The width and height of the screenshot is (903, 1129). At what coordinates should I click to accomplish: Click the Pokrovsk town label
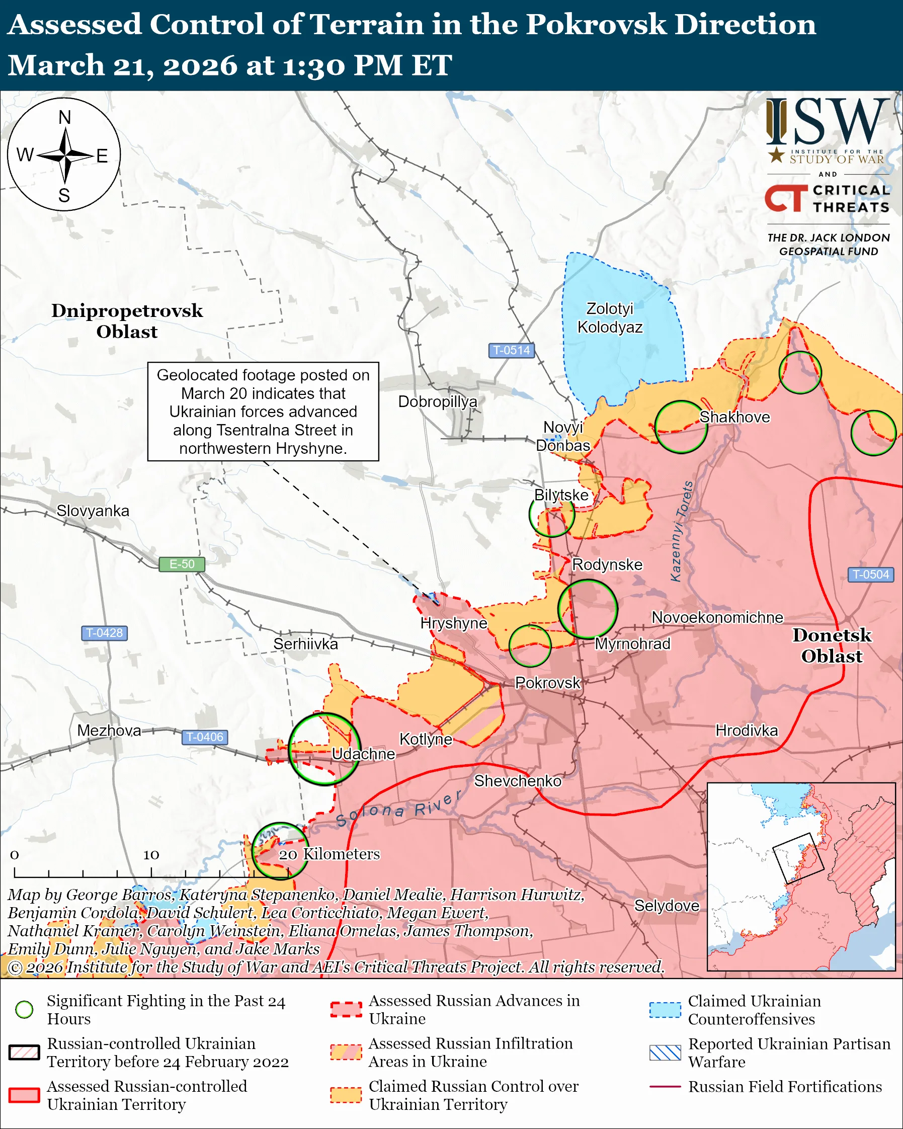click(547, 683)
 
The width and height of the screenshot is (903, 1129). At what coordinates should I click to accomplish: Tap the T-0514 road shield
click(512, 350)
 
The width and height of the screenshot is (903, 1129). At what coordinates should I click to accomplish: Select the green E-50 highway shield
click(182, 564)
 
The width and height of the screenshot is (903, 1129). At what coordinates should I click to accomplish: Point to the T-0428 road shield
click(104, 632)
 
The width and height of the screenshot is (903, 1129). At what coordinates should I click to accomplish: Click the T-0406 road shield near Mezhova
click(205, 737)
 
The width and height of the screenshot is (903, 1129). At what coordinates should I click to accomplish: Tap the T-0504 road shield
click(870, 575)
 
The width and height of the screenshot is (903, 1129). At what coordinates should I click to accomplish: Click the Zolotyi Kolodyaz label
click(610, 318)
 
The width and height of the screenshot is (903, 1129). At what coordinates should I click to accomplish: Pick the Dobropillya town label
click(438, 401)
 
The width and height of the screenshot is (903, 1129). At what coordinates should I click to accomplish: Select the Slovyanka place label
click(93, 511)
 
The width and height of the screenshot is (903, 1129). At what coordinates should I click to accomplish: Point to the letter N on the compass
click(64, 117)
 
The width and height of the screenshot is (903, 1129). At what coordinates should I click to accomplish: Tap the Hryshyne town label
click(453, 623)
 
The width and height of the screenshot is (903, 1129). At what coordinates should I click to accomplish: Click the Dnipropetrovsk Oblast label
click(127, 321)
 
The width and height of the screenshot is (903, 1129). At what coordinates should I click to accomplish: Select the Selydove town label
click(667, 906)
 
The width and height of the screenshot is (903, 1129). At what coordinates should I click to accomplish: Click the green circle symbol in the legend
click(24, 1010)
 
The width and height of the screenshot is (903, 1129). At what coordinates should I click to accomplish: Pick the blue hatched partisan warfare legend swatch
click(665, 1053)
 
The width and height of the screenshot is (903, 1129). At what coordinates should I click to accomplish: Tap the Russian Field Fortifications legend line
click(665, 1087)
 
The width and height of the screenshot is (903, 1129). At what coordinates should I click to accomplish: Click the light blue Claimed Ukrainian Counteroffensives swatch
click(665, 1010)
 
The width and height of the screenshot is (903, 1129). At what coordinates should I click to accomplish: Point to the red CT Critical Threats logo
click(786, 198)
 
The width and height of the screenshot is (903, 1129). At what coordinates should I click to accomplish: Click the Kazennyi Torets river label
click(682, 531)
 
